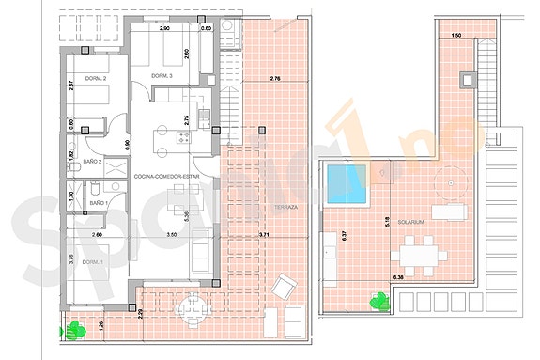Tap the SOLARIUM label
(x=411, y=223)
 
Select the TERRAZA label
(x=287, y=208)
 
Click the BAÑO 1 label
(x=99, y=204)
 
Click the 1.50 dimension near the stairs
(x=456, y=35)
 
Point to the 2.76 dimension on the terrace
(x=274, y=78)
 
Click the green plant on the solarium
(x=378, y=301)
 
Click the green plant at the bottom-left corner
(x=73, y=331)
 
